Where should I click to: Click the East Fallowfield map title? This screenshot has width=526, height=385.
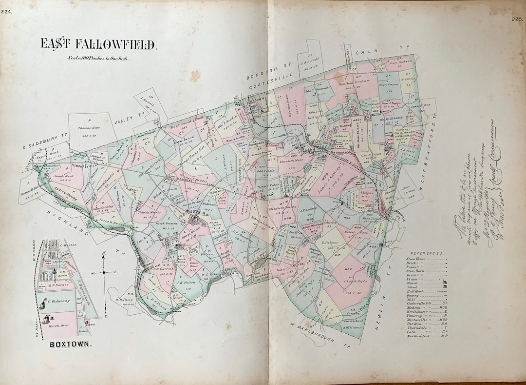click(x=98, y=44)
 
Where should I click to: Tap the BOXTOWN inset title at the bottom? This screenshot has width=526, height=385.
click(x=71, y=344)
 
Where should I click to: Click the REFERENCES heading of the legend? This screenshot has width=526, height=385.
click(x=427, y=254)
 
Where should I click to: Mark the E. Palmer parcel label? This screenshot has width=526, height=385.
click(x=330, y=242)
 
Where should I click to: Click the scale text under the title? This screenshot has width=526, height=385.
click(x=99, y=58)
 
